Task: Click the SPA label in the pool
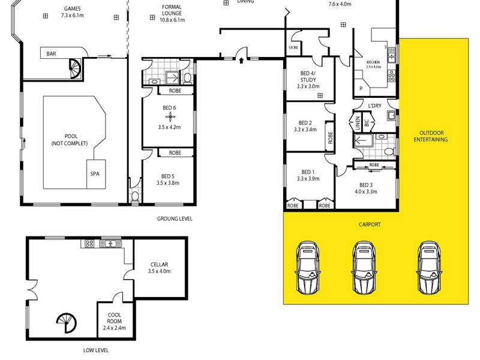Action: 95,174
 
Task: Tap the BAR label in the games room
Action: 51,53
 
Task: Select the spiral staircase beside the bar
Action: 74,69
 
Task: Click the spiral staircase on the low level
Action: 67,323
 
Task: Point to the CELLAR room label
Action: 159,265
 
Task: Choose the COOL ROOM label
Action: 114,318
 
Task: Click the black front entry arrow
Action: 241,61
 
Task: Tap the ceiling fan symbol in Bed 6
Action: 170,116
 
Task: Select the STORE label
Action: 293,47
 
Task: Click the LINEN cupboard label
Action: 358,123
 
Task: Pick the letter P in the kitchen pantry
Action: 361,88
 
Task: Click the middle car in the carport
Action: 364,268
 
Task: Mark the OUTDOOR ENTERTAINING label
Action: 431,136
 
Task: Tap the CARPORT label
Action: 370,224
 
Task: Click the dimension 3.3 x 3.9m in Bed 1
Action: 308,179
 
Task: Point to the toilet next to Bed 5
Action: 134,196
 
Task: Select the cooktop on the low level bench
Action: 89,244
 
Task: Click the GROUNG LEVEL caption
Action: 175,218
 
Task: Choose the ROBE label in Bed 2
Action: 330,137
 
